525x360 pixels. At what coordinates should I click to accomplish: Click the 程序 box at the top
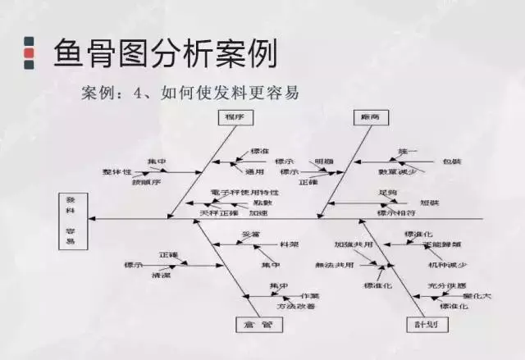point(235,117)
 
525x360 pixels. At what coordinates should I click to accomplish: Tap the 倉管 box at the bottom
point(258,325)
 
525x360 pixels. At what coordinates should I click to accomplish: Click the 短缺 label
point(429,202)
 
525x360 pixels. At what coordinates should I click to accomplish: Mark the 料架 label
point(289,244)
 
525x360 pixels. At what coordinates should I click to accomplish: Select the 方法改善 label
point(295,306)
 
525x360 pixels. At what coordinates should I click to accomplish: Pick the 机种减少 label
point(447,265)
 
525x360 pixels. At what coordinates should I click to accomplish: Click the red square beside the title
point(30,54)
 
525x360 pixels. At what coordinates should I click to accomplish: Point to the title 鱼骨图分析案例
point(164,52)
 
